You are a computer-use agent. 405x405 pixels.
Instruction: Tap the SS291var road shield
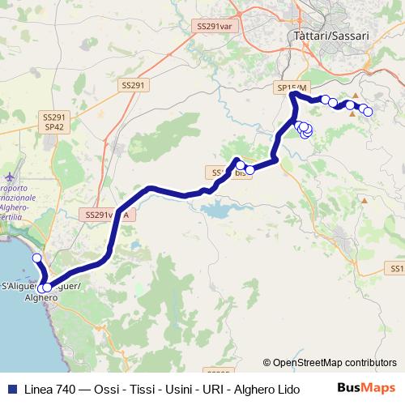coord(214,27)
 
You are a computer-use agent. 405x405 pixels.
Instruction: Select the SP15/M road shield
coord(292,87)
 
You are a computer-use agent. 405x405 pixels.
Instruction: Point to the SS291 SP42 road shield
coord(55,122)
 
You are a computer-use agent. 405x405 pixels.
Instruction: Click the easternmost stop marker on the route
coord(368,111)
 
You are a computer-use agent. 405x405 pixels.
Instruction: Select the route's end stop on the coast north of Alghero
coord(36,258)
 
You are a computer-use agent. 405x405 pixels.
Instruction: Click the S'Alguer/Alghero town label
coord(40,292)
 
